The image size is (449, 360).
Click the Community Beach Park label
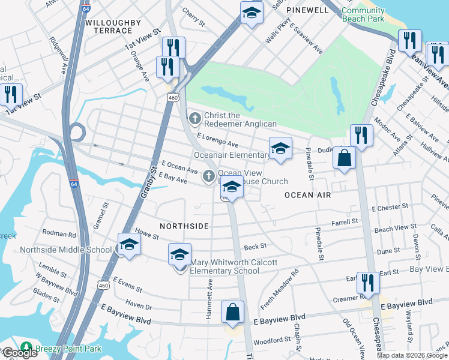[x=363, y=15]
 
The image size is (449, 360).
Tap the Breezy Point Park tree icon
[x=26, y=347]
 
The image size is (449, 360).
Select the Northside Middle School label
[x=65, y=250]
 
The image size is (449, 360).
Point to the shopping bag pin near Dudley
[x=345, y=158]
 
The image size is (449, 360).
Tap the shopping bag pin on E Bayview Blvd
[x=232, y=312]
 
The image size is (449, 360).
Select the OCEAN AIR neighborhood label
[x=308, y=195]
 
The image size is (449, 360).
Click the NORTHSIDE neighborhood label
[x=184, y=226]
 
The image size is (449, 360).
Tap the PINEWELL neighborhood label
[x=307, y=10]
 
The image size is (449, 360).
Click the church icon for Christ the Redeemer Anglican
[x=194, y=119]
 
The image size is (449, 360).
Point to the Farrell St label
[x=345, y=221]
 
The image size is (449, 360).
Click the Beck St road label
[x=255, y=246]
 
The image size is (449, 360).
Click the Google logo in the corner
[x=19, y=353]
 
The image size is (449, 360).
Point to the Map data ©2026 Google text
[x=412, y=355]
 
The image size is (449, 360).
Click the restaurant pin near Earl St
[x=367, y=282]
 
